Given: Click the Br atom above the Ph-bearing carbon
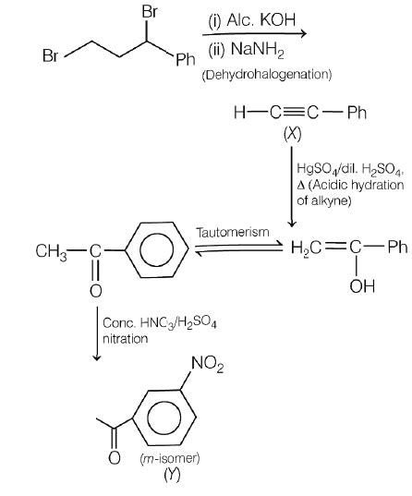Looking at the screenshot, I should click(x=148, y=13).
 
